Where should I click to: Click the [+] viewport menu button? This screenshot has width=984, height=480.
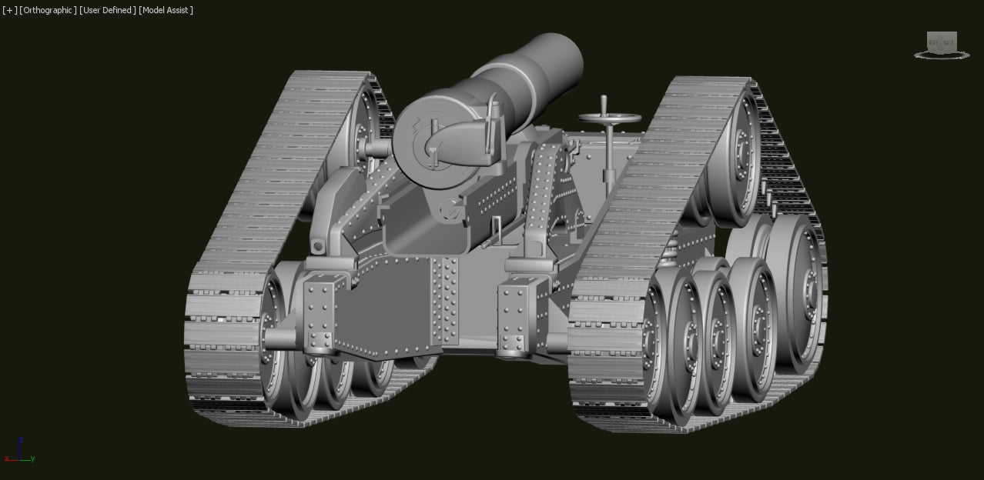(9, 10)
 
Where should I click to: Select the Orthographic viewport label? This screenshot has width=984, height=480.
(48, 10)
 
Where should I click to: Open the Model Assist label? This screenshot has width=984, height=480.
(166, 10)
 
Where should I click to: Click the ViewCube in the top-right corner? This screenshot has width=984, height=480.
(941, 44)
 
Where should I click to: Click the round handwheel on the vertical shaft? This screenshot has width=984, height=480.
(609, 118)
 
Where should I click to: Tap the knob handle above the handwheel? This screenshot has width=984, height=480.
(604, 103)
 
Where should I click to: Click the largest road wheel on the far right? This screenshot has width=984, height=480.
(793, 292)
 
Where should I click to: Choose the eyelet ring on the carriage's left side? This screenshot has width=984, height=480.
(316, 246)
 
